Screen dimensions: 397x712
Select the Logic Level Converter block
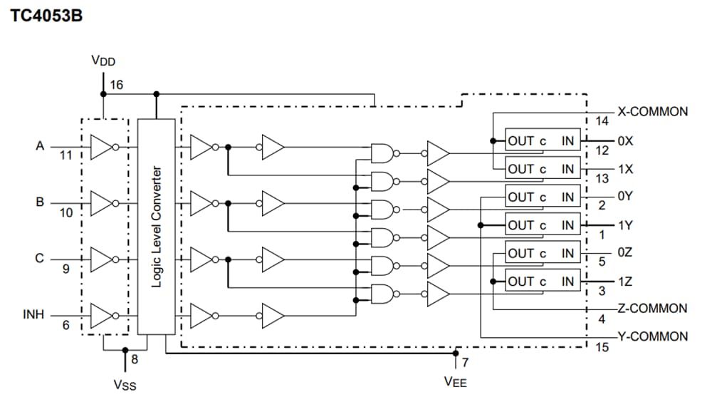tap(156, 226)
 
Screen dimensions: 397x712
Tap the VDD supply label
tap(103, 61)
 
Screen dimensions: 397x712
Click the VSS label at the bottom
tap(125, 385)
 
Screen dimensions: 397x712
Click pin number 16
tap(117, 85)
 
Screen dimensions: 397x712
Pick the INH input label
tap(33, 314)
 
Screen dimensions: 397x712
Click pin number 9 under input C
tap(66, 269)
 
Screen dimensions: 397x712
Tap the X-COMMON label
tap(652, 112)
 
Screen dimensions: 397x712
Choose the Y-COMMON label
tap(652, 336)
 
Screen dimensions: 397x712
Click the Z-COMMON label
tap(652, 309)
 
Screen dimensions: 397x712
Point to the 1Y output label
tap(625, 225)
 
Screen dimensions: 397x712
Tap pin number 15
tap(602, 348)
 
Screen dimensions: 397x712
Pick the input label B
tap(40, 202)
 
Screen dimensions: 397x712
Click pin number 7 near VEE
tap(465, 363)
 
